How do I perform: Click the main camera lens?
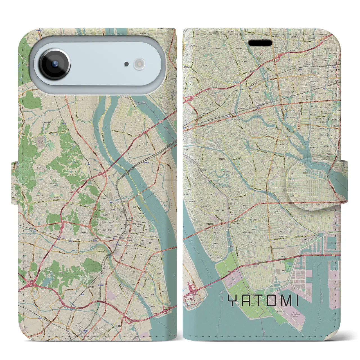(x=55, y=64)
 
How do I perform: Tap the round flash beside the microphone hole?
(x=139, y=64)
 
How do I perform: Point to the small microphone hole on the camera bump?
(x=127, y=64)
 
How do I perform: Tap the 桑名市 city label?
(x=125, y=225)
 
